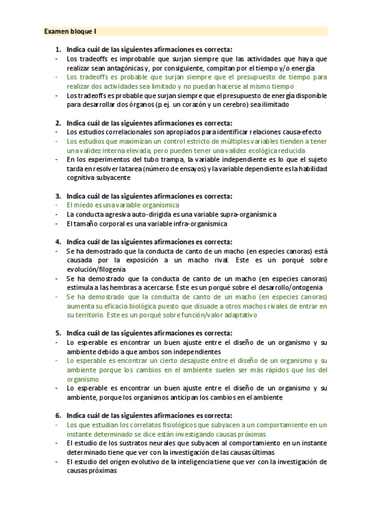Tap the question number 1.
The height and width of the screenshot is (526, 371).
pos(58,50)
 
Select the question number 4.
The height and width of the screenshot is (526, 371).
pos(58,242)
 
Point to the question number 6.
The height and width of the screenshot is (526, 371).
pos(58,416)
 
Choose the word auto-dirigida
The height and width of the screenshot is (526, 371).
pos(141,214)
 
